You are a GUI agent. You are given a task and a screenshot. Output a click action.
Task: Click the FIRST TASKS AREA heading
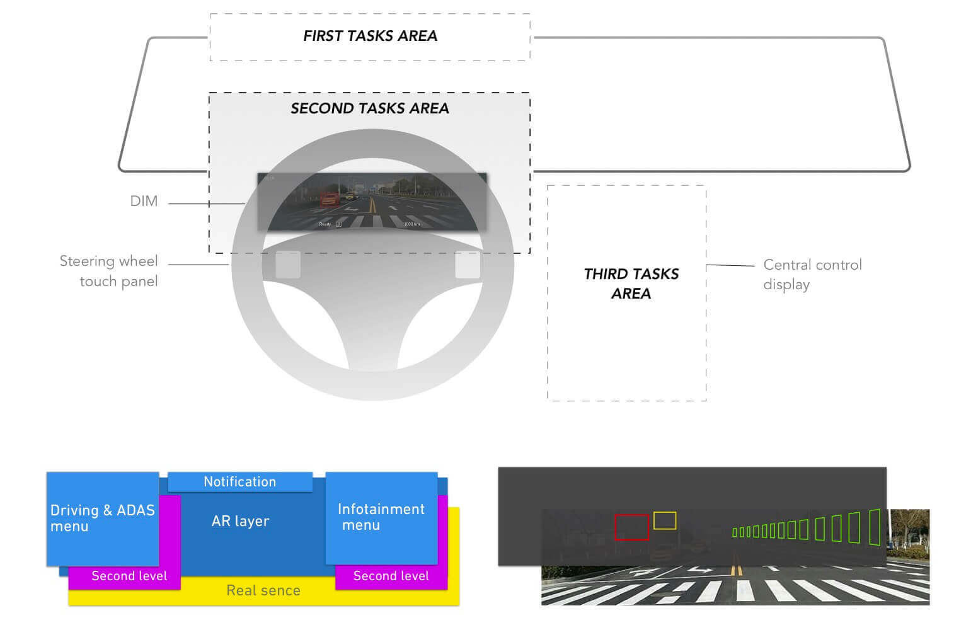pyautogui.click(x=370, y=36)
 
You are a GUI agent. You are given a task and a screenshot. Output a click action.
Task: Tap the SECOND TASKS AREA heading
pyautogui.click(x=370, y=108)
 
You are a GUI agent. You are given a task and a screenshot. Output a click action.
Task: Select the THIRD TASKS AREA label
pyautogui.click(x=631, y=283)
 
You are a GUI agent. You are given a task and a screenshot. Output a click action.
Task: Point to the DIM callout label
pyautogui.click(x=144, y=201)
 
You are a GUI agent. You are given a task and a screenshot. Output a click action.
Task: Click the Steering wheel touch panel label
pyautogui.click(x=109, y=271)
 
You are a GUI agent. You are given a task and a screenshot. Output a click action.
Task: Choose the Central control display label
pyautogui.click(x=812, y=274)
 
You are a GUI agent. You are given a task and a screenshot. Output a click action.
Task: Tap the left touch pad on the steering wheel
pyautogui.click(x=288, y=265)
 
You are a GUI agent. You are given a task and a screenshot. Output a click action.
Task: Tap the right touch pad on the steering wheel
pyautogui.click(x=468, y=265)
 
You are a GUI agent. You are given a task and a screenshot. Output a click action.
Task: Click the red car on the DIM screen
pyautogui.click(x=330, y=199)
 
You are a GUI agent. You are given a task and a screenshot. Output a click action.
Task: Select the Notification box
pyautogui.click(x=240, y=482)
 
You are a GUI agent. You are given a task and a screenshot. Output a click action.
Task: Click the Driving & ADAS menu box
pyautogui.click(x=103, y=518)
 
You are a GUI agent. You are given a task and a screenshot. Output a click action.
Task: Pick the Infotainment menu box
pyautogui.click(x=381, y=517)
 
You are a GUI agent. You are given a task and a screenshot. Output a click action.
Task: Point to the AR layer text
pyautogui.click(x=240, y=521)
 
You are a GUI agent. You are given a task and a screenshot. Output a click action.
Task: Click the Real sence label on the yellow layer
pyautogui.click(x=263, y=590)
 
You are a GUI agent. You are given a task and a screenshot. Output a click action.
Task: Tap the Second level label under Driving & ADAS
pyautogui.click(x=129, y=576)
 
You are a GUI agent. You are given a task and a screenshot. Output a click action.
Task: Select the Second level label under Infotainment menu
pyautogui.click(x=391, y=576)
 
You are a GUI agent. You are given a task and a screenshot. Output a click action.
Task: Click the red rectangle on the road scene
pyautogui.click(x=631, y=527)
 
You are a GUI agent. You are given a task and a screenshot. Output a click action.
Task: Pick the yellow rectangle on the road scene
pyautogui.click(x=665, y=520)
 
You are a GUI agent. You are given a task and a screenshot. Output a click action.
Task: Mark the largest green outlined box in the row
pyautogui.click(x=875, y=527)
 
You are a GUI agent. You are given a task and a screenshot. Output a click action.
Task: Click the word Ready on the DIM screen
pyautogui.click(x=325, y=224)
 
